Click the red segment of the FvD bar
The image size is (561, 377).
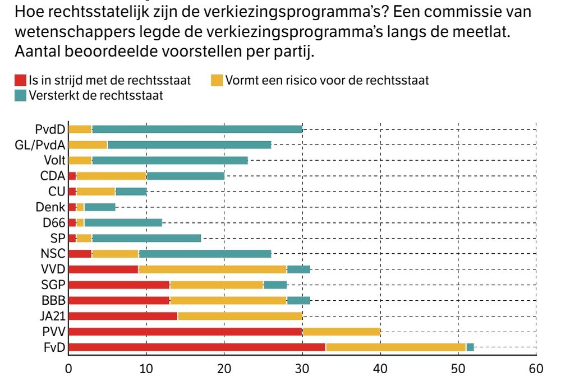point(196,347)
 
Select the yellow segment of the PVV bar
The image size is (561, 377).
point(341,332)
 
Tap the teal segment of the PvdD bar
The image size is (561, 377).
point(197,130)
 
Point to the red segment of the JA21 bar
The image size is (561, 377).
point(122,316)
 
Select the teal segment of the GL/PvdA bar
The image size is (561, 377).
point(189,145)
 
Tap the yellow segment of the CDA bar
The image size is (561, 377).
point(111,176)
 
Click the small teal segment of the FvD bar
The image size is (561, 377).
point(470,347)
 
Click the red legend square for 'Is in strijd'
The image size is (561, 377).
point(20,81)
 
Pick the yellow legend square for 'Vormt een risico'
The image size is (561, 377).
point(217,81)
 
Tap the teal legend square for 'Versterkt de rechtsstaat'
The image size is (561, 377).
point(20,96)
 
